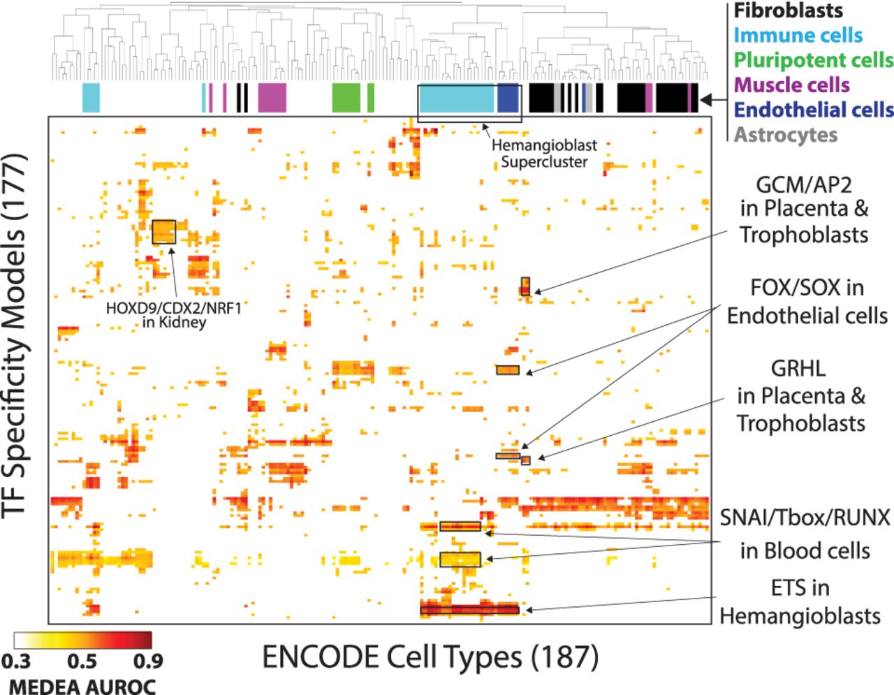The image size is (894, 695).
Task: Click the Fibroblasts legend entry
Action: [788, 11]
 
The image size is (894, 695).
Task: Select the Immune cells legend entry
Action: [798, 36]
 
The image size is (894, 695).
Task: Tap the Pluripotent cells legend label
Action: [814, 60]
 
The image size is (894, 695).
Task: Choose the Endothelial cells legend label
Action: [814, 110]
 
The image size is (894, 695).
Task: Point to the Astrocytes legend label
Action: [785, 134]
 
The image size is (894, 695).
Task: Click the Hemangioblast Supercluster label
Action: [544, 154]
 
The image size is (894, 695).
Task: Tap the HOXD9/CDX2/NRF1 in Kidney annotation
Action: [173, 314]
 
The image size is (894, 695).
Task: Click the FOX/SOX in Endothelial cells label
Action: [807, 302]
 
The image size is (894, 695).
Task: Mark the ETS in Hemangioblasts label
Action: [800, 601]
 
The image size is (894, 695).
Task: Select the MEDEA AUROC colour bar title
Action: [82, 686]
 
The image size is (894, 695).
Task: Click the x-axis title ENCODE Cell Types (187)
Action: [430, 657]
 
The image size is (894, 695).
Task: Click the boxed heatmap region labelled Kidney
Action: [163, 232]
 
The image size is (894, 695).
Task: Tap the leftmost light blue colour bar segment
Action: [91, 97]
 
